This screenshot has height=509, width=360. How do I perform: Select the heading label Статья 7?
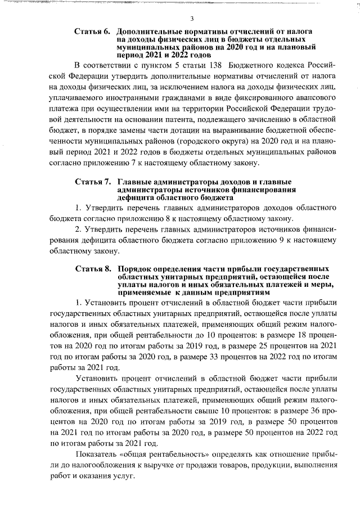point(92,182)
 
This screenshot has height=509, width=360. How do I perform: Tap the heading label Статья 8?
point(92,268)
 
